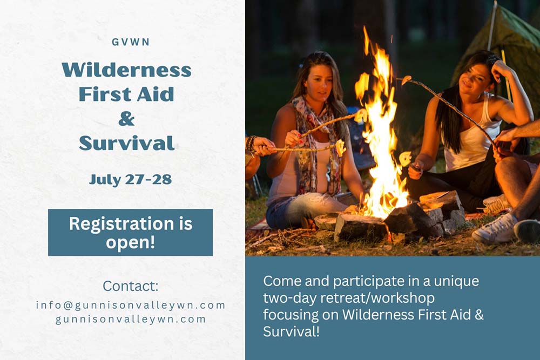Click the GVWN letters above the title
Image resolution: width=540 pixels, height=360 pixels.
(131, 42)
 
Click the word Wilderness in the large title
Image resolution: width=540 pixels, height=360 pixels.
(127, 70)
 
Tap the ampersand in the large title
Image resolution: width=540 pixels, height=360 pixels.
(126, 119)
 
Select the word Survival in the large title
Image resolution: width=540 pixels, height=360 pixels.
(127, 143)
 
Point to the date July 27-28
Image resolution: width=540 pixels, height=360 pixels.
(130, 180)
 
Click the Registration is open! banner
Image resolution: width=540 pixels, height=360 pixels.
(131, 232)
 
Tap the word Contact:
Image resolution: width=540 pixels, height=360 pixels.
(131, 286)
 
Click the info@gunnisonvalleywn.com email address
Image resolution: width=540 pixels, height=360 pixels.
(131, 305)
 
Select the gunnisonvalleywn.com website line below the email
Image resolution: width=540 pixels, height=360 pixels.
(131, 319)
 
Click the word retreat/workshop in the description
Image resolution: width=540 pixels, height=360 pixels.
(377, 298)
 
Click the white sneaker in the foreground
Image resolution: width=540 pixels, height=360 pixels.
(495, 229)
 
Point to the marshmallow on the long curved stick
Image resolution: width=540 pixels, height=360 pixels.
(406, 80)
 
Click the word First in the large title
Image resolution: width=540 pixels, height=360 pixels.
(105, 94)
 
